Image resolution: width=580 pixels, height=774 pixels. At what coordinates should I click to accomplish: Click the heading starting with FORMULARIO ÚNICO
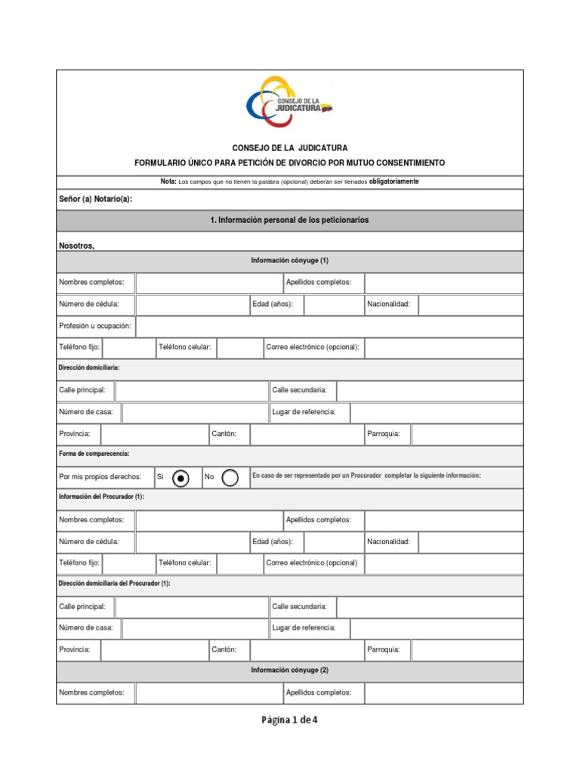(x=289, y=163)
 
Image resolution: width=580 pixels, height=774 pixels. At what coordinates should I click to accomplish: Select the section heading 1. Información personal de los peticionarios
(x=289, y=220)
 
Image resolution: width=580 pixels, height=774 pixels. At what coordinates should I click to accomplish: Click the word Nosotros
(x=76, y=245)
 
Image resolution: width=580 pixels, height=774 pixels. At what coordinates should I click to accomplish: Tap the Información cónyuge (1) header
(x=289, y=261)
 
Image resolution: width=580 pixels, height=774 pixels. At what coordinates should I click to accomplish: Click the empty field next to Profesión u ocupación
(x=329, y=326)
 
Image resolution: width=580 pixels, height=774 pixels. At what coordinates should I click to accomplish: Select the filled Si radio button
(x=180, y=478)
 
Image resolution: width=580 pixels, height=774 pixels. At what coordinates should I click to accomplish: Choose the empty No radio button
(x=230, y=478)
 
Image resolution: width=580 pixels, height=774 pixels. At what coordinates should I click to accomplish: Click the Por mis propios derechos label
(x=100, y=477)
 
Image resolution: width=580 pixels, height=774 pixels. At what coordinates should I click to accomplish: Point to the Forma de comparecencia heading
(x=94, y=454)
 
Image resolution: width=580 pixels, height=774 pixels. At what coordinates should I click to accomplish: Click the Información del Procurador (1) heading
(x=101, y=497)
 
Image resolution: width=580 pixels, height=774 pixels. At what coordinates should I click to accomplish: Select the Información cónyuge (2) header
(x=289, y=670)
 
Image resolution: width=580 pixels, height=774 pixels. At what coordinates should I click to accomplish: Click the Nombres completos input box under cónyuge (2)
(x=208, y=692)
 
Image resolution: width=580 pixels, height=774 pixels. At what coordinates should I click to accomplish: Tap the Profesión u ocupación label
(x=95, y=326)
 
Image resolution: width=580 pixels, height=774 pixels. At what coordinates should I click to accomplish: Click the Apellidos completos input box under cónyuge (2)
(x=443, y=692)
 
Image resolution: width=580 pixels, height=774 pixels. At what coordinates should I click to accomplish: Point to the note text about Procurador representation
(x=366, y=475)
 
